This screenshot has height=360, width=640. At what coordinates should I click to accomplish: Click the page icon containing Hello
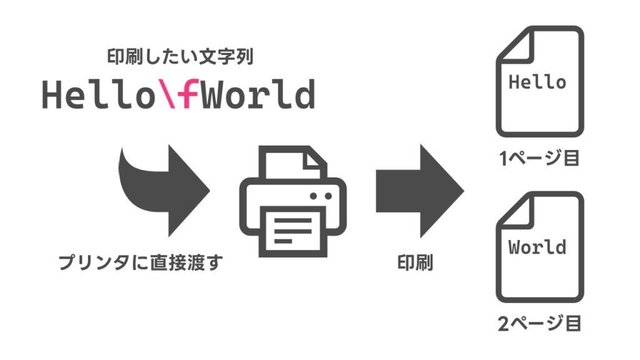(539, 81)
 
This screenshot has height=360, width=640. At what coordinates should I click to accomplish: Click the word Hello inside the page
(538, 82)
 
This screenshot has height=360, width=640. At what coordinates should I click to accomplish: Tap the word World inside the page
(538, 247)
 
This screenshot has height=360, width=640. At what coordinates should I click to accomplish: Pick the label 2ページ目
(539, 324)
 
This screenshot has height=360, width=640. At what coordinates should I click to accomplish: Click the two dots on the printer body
(321, 196)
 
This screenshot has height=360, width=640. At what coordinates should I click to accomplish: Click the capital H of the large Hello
(53, 95)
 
